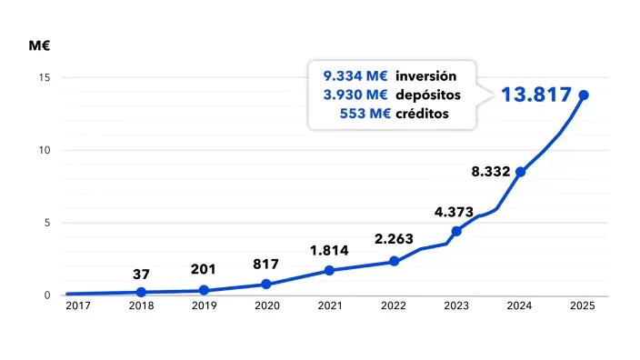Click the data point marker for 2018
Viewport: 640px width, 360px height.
click(x=141, y=292)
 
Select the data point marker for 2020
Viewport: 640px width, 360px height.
click(x=266, y=284)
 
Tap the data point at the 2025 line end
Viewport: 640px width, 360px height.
click(x=584, y=95)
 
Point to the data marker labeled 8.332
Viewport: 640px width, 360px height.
click(x=520, y=172)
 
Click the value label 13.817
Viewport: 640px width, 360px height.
click(x=536, y=95)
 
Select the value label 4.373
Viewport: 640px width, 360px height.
click(x=454, y=212)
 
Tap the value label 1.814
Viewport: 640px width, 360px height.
click(x=329, y=250)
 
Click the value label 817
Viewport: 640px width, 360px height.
click(x=266, y=264)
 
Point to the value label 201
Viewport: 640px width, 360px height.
click(x=204, y=269)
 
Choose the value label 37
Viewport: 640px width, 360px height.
click(x=141, y=274)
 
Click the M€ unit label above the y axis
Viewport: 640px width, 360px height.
click(x=39, y=45)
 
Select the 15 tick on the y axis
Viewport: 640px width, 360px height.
click(x=44, y=77)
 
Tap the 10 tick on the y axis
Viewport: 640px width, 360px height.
click(x=44, y=150)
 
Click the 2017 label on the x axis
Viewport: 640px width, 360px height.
click(x=78, y=306)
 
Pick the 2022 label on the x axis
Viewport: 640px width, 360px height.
click(x=394, y=306)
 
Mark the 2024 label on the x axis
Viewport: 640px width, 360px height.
click(x=520, y=306)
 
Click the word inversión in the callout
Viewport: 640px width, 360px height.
click(x=425, y=75)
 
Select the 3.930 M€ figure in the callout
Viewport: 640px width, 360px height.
click(x=355, y=95)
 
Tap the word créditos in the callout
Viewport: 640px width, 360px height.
click(x=423, y=114)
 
